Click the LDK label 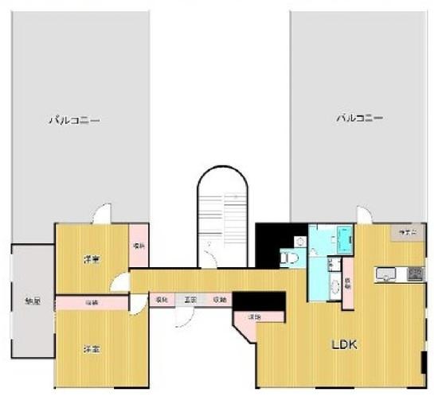(x=344, y=345)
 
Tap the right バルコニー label (x=359, y=118)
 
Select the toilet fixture (x=290, y=256)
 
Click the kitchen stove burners (x=416, y=274)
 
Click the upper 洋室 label (x=92, y=259)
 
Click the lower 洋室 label (x=92, y=348)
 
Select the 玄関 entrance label (x=190, y=299)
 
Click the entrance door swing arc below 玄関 (x=182, y=316)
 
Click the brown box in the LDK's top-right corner (x=406, y=232)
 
